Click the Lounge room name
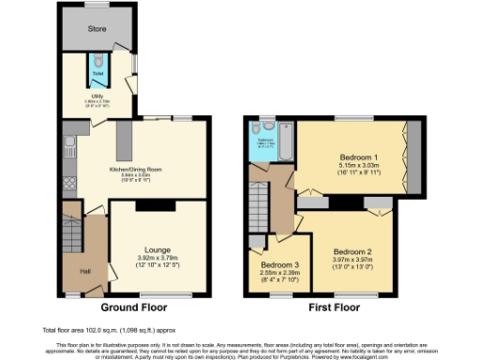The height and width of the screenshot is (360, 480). (157, 250)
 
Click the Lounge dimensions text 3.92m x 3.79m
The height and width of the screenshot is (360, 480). (157, 260)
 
